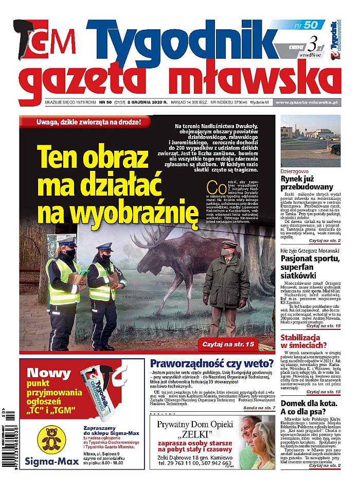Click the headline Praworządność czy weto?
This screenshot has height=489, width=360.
pyautogui.click(x=211, y=365)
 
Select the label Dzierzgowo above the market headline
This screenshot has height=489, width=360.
pyautogui.click(x=295, y=170)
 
